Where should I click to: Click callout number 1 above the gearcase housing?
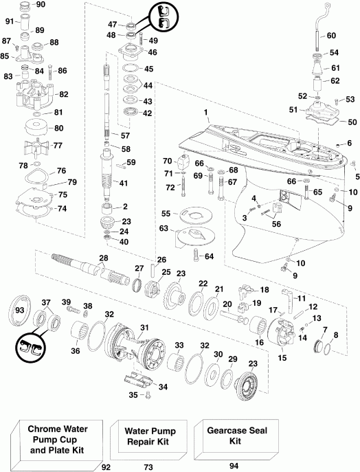click(x=205, y=112)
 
